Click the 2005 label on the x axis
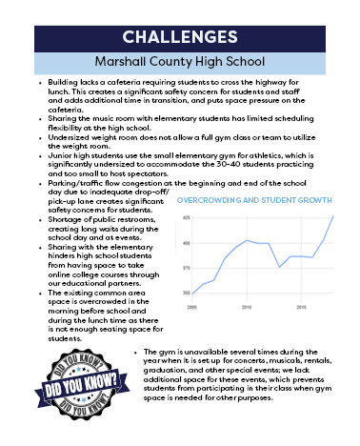tap(193, 308)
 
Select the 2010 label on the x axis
tap(247, 308)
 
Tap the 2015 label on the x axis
tap(301, 308)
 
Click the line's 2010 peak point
tap(247, 240)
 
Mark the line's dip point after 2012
tap(279, 268)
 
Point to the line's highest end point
tap(333, 216)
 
